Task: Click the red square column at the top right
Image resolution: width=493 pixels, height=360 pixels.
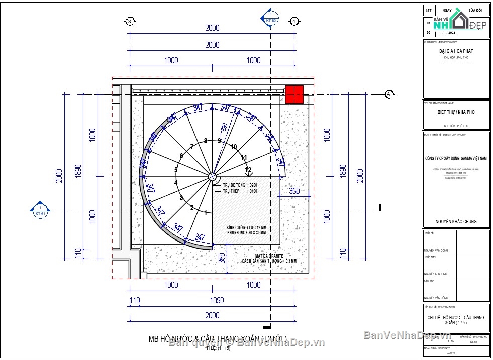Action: [294, 94]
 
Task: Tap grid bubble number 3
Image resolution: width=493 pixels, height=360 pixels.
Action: [130, 21]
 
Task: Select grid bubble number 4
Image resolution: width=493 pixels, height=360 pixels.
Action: [294, 21]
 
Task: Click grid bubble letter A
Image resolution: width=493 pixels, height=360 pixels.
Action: [388, 94]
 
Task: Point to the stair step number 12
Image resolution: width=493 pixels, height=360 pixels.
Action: [248, 170]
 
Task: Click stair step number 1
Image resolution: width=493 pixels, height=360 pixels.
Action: [205, 213]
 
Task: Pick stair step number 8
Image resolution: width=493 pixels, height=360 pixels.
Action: [206, 141]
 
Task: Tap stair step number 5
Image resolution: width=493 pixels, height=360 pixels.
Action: [176, 170]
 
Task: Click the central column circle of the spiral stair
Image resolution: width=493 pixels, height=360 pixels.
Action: [212, 177]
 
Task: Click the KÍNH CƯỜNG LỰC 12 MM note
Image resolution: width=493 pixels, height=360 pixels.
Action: [246, 227]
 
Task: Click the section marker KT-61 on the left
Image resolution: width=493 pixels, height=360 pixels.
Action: [40, 211]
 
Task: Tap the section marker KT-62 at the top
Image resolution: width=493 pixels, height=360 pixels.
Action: [270, 17]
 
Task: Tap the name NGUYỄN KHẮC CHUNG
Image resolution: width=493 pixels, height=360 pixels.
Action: [456, 221]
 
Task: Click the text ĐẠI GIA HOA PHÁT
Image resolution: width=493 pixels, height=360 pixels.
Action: [456, 51]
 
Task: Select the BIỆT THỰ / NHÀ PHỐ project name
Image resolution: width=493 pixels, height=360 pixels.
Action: [456, 112]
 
